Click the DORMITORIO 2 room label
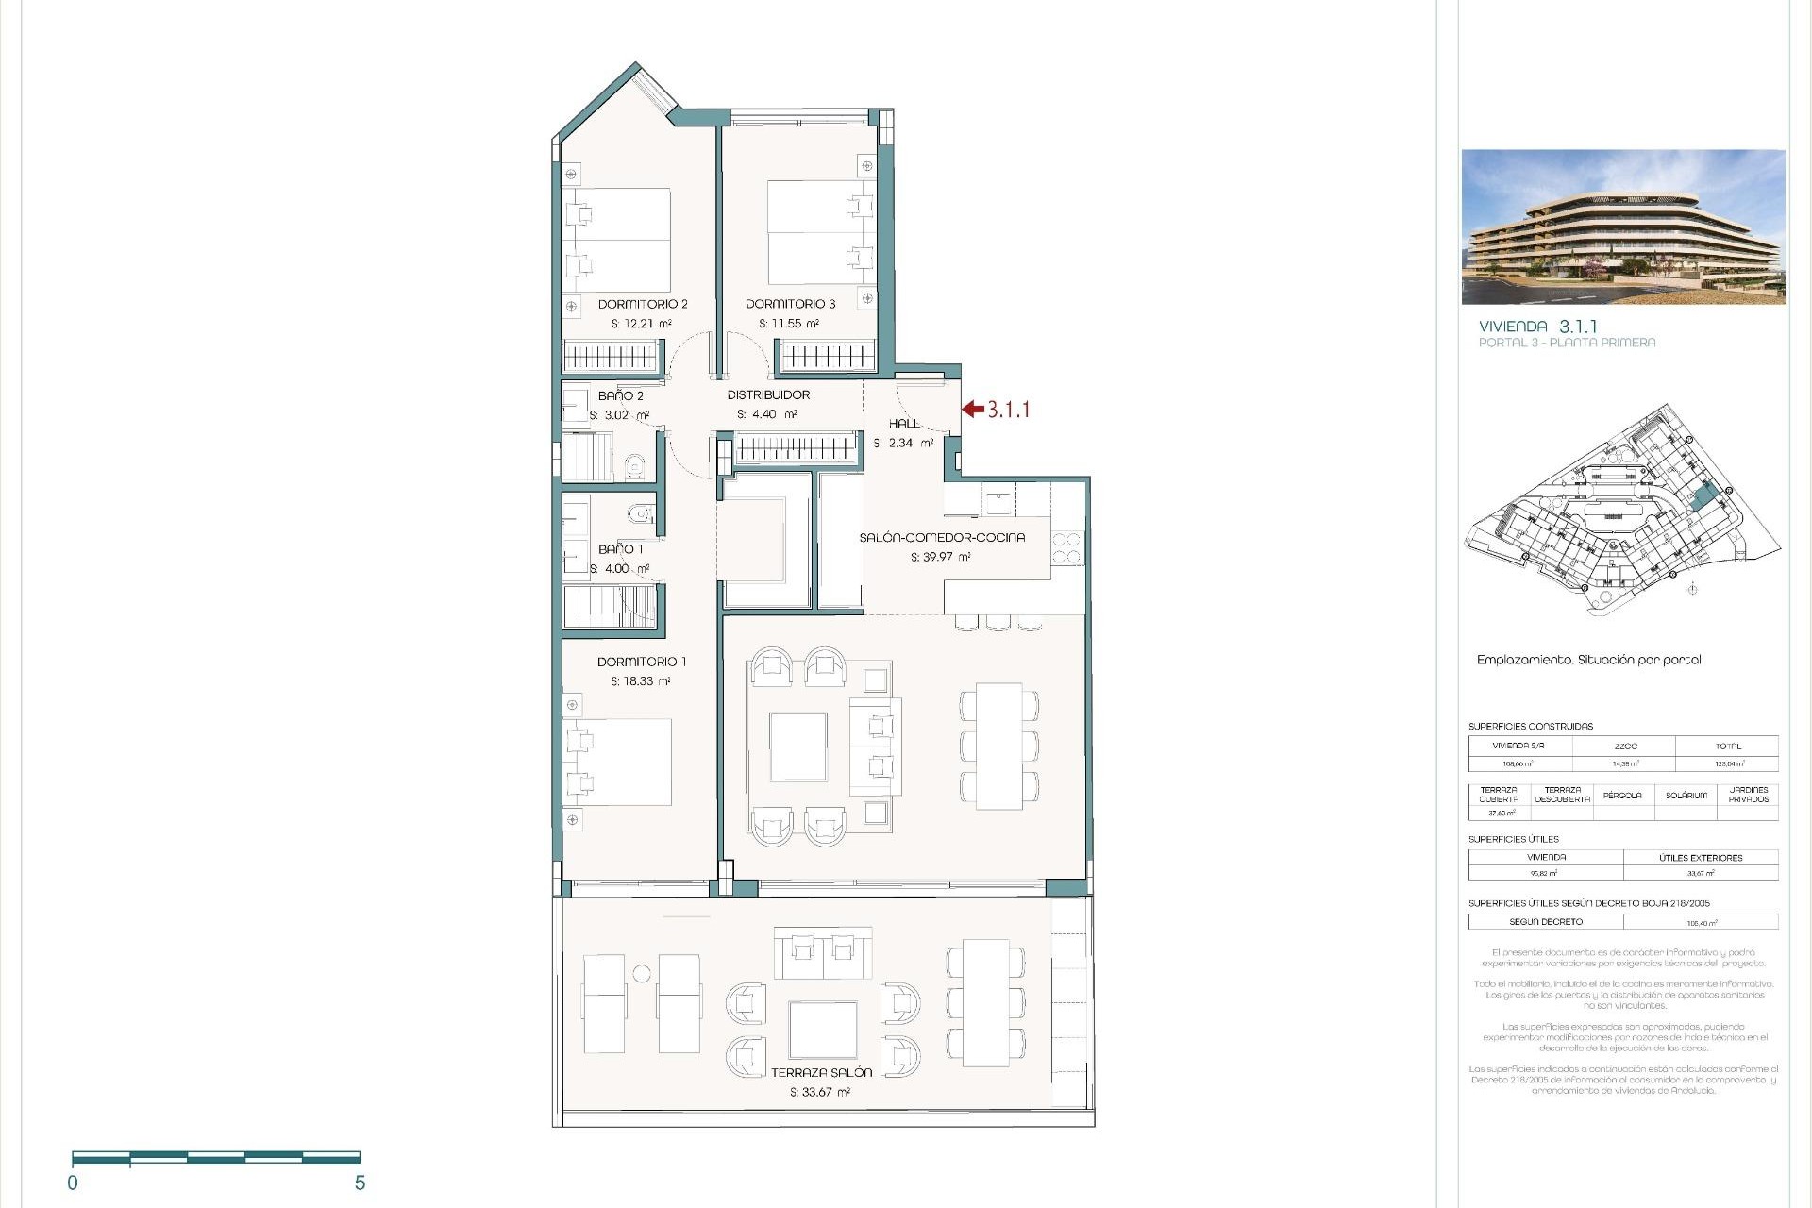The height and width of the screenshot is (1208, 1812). (x=643, y=304)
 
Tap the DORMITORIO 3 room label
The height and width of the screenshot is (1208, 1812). (x=790, y=304)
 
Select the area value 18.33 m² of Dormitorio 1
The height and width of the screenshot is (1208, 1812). (x=640, y=681)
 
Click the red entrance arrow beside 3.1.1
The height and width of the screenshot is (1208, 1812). (x=973, y=409)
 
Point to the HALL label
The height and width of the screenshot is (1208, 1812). (x=904, y=424)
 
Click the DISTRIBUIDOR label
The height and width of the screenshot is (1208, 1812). (x=768, y=394)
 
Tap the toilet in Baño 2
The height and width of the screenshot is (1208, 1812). (x=635, y=464)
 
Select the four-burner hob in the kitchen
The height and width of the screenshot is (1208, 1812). (x=1066, y=548)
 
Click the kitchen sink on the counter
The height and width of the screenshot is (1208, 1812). (x=997, y=499)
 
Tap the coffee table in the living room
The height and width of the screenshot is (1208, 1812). (x=798, y=747)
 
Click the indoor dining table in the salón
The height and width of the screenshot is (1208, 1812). (x=999, y=746)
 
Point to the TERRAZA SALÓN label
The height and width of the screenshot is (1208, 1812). (x=821, y=1073)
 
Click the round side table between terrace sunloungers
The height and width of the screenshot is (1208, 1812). (x=642, y=973)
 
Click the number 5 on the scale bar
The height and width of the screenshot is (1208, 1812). (x=360, y=1183)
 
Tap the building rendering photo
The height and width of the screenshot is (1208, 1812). (x=1623, y=226)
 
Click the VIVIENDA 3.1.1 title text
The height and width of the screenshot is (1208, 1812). (x=1537, y=327)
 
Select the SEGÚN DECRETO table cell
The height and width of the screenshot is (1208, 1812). (x=1546, y=922)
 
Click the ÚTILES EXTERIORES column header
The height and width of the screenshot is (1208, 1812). (x=1701, y=858)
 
